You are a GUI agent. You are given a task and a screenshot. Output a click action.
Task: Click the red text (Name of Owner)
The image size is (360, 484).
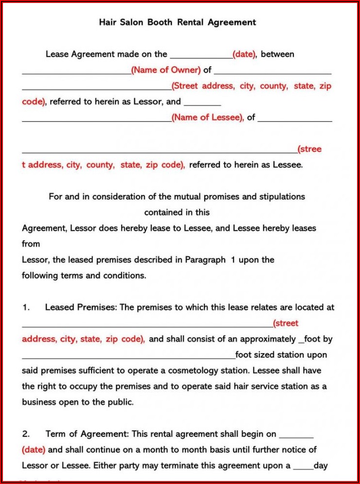(x=166, y=70)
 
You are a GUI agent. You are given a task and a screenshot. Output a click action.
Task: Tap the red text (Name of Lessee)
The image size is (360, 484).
(x=208, y=117)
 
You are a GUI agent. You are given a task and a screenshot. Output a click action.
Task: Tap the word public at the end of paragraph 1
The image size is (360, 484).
(x=119, y=402)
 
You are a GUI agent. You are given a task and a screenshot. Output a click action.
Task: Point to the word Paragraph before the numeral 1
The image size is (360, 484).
(x=205, y=260)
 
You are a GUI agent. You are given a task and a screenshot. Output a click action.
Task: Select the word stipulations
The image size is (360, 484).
(x=282, y=197)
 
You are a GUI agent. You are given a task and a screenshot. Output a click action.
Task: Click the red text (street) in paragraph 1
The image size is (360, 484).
(x=286, y=323)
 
